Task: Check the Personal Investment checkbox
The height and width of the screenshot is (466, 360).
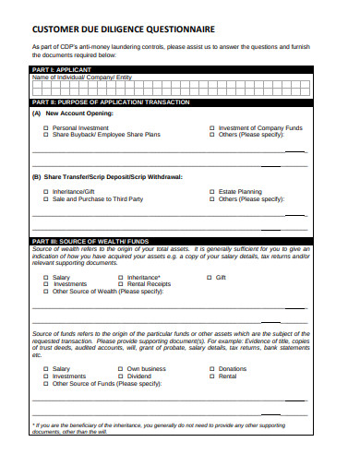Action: pos(45,127)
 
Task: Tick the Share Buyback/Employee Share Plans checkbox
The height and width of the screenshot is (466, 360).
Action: pos(45,135)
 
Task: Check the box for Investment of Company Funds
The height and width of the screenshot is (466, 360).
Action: pos(211,127)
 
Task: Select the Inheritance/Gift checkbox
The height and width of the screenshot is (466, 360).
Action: pos(45,192)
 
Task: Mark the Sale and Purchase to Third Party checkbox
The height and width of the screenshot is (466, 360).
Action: pos(45,199)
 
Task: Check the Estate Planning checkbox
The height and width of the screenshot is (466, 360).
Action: pos(211,192)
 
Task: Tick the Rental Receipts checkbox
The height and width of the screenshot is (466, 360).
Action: pos(120,284)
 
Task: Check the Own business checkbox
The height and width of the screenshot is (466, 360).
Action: pos(120,369)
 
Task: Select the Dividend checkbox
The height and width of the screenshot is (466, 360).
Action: pos(120,376)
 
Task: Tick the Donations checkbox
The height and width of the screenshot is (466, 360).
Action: pos(211,369)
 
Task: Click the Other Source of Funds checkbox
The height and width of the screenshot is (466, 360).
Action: pos(45,384)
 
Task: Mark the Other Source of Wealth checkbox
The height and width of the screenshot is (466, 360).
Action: pos(45,292)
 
